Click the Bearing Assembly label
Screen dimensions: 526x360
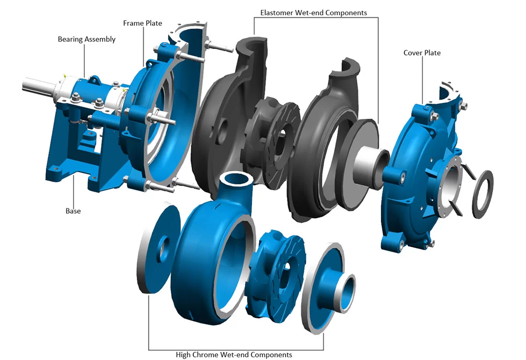[x=87, y=39]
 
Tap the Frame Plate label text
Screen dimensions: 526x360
[x=142, y=23]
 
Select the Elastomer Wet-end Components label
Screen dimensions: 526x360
[x=314, y=13]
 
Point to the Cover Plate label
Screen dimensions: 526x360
[x=422, y=53]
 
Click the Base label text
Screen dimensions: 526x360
[x=73, y=211]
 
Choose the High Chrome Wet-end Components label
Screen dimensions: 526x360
[x=234, y=355]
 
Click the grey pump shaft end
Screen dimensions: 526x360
[x=39, y=86]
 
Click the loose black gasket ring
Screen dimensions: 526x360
[x=483, y=194]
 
